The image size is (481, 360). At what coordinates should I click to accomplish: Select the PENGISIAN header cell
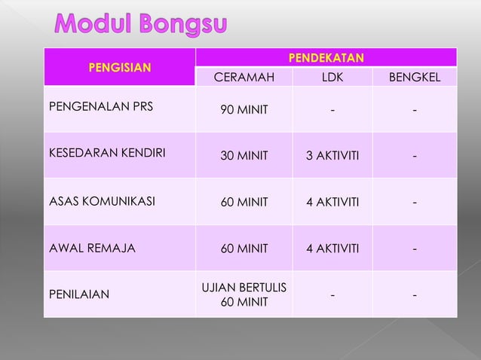(x=119, y=67)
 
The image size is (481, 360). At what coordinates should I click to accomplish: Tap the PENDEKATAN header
(x=327, y=57)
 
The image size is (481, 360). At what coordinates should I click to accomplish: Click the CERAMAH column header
(x=244, y=77)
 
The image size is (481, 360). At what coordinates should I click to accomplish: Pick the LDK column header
(x=332, y=77)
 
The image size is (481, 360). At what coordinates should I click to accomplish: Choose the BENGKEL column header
(x=414, y=77)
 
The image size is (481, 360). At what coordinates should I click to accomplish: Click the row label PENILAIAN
(x=79, y=294)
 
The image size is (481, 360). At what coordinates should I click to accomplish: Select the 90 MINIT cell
(x=244, y=111)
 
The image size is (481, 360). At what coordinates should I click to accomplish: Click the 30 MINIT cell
(x=244, y=157)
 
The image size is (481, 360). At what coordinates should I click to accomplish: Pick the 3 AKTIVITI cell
(x=332, y=157)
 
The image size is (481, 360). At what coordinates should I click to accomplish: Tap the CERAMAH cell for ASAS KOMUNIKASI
(x=244, y=202)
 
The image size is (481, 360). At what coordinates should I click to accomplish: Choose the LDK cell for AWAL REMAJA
(x=332, y=248)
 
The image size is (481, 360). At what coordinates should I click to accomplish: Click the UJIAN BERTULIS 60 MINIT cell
(x=244, y=294)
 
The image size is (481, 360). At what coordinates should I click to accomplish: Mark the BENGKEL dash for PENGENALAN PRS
(x=414, y=111)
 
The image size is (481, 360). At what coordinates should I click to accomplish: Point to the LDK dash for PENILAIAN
(x=332, y=294)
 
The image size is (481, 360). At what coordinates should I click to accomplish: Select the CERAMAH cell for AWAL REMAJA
(x=244, y=248)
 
